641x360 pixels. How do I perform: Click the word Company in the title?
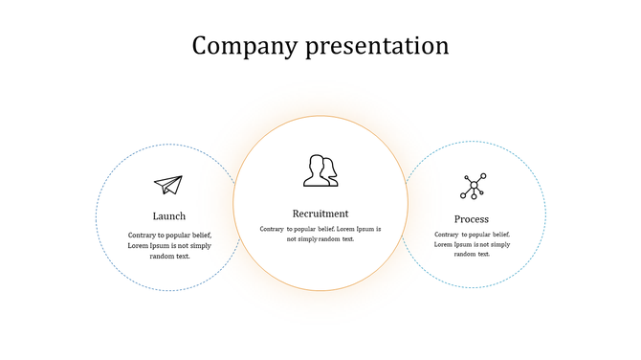(245, 46)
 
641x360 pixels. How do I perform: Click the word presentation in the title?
(377, 46)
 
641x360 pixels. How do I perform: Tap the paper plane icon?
(168, 185)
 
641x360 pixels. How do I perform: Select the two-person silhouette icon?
(320, 170)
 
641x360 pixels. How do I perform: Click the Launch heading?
(169, 216)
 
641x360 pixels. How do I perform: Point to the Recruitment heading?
(320, 214)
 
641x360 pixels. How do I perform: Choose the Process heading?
(472, 219)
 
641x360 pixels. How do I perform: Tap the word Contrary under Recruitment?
(272, 230)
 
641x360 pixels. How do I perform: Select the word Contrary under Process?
(447, 235)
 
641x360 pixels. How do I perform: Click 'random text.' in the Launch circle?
(170, 257)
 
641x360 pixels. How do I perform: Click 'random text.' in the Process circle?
(473, 255)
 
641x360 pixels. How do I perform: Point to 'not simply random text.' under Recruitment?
(320, 239)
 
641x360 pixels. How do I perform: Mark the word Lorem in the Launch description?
(139, 246)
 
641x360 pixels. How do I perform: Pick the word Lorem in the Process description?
(445, 245)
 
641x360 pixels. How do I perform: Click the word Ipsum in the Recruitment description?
(367, 230)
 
